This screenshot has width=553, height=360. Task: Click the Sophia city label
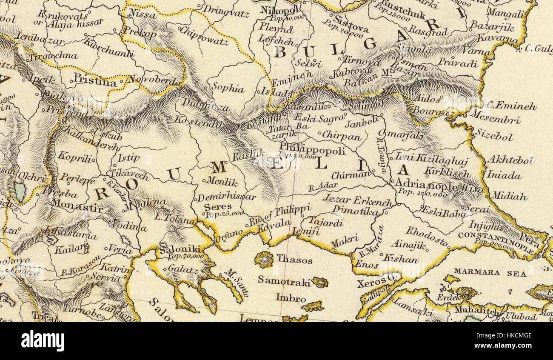click(x=228, y=89)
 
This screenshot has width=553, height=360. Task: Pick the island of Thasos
click(x=264, y=259)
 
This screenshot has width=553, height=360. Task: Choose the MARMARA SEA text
click(x=484, y=271)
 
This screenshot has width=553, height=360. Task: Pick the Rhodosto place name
click(x=426, y=237)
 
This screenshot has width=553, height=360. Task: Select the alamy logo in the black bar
click(x=43, y=341)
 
